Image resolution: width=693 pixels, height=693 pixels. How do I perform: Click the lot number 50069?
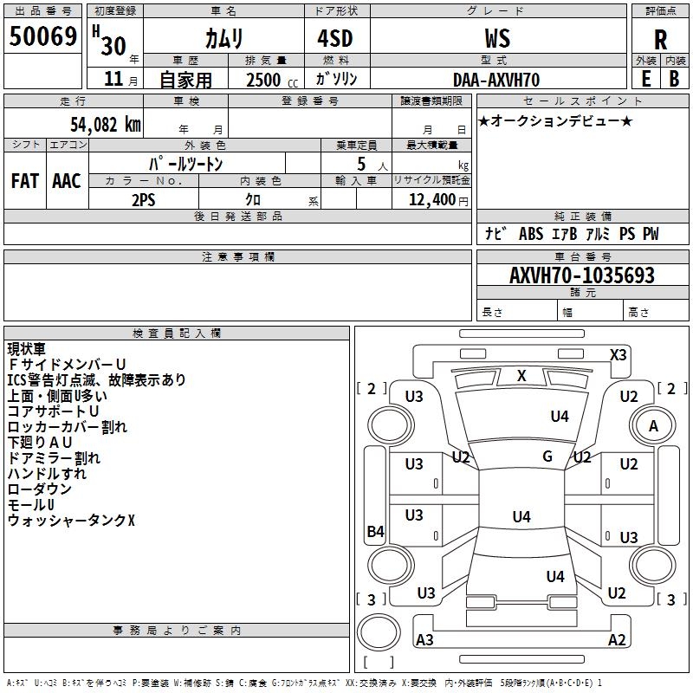click(x=43, y=37)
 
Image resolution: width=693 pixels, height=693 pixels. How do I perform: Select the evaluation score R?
click(x=660, y=40)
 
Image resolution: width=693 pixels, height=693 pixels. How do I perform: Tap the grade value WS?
click(x=497, y=38)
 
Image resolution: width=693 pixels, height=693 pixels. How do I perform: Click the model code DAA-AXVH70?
click(x=496, y=80)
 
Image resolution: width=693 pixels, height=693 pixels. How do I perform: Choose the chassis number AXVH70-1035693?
click(x=581, y=275)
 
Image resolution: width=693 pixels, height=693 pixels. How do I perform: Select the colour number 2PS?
click(x=144, y=200)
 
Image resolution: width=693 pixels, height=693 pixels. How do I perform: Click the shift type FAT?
click(x=24, y=181)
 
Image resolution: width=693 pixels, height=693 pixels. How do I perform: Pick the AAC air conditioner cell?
click(x=67, y=181)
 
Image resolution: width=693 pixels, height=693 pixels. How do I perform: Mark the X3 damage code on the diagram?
click(x=619, y=355)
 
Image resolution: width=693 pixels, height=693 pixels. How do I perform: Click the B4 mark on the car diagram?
click(x=375, y=532)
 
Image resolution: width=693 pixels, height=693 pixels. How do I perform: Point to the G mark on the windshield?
click(x=547, y=456)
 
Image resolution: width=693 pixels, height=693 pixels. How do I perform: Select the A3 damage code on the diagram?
click(x=424, y=640)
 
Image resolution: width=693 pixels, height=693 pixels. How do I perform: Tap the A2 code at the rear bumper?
click(x=617, y=640)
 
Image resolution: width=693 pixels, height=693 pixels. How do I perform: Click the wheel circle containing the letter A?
click(x=654, y=425)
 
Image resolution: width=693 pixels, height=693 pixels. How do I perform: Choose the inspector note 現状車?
click(x=27, y=349)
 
